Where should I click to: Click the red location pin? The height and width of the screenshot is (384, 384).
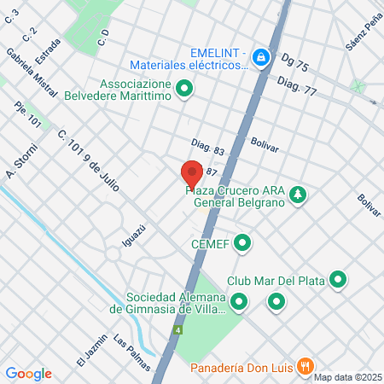pyautogui.click(x=192, y=173)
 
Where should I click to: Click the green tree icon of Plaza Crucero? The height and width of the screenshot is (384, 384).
pyautogui.click(x=297, y=195)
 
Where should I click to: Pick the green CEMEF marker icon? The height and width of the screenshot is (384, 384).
pyautogui.click(x=243, y=244)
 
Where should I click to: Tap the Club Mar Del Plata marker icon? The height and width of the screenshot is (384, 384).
pyautogui.click(x=339, y=280)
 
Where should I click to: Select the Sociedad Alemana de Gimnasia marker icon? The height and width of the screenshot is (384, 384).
pyautogui.click(x=240, y=300)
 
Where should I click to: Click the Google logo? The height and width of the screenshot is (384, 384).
pyautogui.click(x=28, y=373)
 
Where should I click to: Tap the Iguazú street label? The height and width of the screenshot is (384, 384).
pyautogui.click(x=130, y=236)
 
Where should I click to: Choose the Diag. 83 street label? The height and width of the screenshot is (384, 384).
pyautogui.click(x=207, y=147)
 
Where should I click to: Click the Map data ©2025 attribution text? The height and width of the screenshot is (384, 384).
pyautogui.click(x=346, y=377)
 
